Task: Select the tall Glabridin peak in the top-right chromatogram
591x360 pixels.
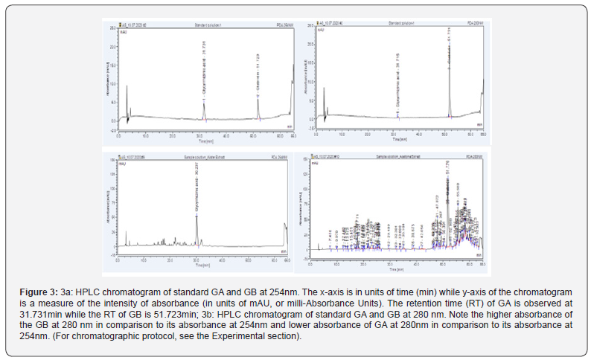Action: tap(449, 74)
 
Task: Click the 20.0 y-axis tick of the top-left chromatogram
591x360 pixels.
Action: tap(114, 47)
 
